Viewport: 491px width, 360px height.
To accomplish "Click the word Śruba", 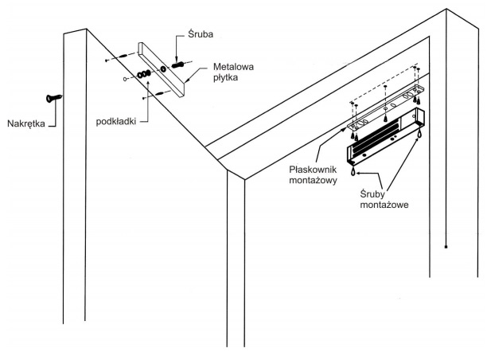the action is coord(201,33).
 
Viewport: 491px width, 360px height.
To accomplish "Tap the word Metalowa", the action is coord(233,67).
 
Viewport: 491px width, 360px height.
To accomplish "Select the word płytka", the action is coord(225,77).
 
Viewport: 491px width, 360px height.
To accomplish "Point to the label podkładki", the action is coord(116,122).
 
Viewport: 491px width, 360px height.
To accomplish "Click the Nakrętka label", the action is coord(26,123).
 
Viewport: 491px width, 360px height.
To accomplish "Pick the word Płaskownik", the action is coord(313,170).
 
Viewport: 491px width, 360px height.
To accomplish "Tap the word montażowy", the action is coord(313,181).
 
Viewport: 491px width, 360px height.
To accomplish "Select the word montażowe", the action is coord(384,205).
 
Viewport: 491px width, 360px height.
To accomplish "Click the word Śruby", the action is coord(372,194).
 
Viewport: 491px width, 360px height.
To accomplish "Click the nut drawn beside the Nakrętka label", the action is coord(54,98).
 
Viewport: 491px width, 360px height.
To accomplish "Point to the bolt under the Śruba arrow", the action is coord(179,65).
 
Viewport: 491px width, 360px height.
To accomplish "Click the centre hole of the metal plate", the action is coord(163,68).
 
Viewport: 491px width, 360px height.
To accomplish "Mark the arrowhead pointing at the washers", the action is coord(147,82).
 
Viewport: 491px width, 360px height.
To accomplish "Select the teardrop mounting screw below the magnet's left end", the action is coord(353,171).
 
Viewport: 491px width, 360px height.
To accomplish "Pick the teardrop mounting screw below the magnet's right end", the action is coord(419,134).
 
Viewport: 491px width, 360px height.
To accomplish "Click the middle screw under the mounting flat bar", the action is coord(385,118).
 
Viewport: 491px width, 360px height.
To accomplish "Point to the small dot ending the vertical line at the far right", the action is coord(446,247).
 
